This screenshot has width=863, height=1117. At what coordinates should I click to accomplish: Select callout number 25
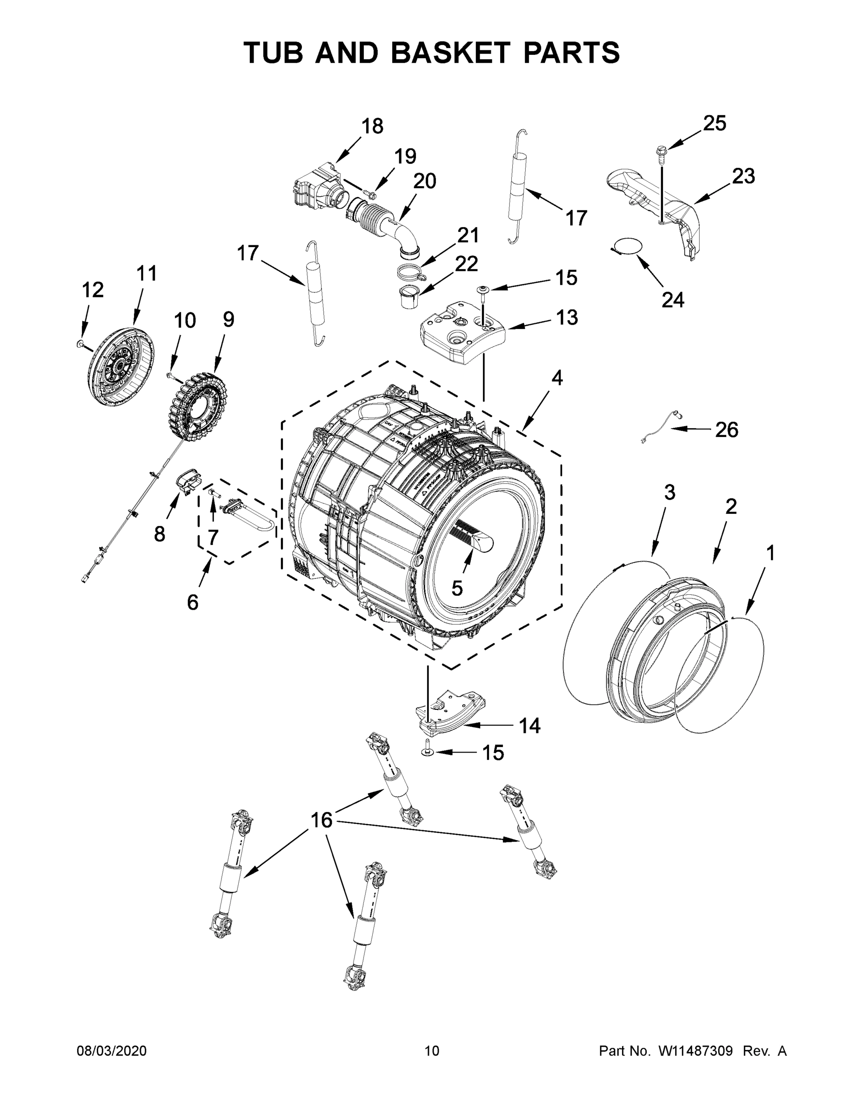(x=714, y=123)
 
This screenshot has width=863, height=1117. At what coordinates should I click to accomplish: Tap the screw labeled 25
(x=660, y=154)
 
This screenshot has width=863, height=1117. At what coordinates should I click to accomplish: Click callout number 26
(x=727, y=430)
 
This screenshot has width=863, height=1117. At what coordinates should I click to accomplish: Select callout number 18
(x=372, y=126)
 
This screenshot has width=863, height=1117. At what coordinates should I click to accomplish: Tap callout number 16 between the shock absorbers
(x=321, y=821)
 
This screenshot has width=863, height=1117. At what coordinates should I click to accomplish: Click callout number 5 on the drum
(x=457, y=589)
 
